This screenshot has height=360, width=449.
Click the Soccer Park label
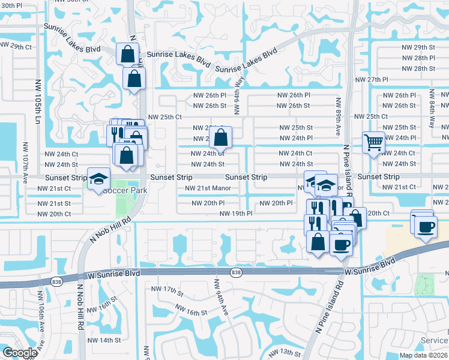click(125, 190)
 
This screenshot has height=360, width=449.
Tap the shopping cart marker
click(373, 143)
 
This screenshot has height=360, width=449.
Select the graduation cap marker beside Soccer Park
click(99, 179)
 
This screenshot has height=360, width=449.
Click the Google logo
click(20, 353)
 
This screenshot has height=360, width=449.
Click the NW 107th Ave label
click(25, 162)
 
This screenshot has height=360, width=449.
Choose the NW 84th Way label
click(431, 108)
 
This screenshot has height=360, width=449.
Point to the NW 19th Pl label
click(236, 214)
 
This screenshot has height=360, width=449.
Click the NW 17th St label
click(167, 291)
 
